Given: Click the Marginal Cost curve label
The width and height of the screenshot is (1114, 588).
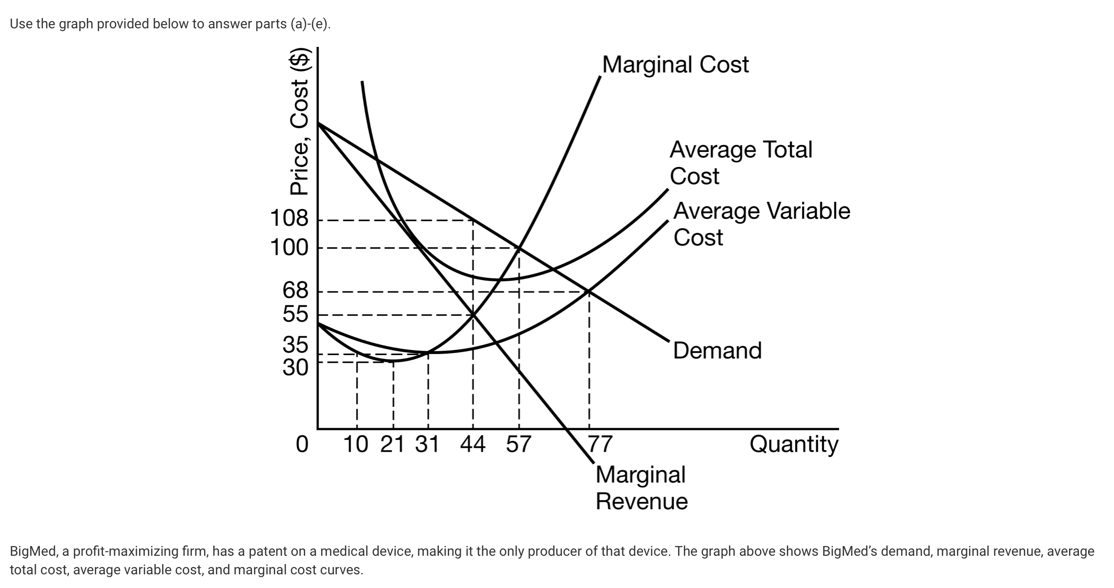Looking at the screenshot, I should (675, 65).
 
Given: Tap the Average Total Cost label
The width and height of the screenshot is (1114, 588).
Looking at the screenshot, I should (740, 163).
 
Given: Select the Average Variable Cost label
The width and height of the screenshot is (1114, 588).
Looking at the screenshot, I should (761, 224).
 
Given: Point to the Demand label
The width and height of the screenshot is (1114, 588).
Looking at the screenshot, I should (717, 351).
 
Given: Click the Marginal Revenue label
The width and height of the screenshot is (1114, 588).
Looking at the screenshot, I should (641, 488).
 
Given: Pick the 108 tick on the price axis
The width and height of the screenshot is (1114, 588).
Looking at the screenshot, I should (289, 218).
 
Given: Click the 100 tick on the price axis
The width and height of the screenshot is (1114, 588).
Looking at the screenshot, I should (289, 248).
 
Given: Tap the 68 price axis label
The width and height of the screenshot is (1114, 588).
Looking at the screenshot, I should (295, 291).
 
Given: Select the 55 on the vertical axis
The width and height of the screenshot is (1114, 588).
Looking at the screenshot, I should (295, 314).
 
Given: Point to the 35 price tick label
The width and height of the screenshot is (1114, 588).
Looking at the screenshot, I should (295, 345).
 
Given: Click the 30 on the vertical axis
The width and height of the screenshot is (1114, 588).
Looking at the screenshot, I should (295, 367).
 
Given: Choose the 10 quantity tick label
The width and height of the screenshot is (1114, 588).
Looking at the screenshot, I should (356, 445).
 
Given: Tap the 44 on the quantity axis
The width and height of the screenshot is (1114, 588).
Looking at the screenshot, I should (473, 445).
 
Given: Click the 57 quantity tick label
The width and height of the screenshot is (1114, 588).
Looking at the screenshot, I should (518, 445).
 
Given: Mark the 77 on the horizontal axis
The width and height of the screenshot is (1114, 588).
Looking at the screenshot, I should (599, 445).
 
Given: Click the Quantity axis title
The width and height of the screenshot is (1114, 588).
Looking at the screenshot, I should (794, 445).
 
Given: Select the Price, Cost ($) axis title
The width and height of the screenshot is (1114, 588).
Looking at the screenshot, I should (300, 122).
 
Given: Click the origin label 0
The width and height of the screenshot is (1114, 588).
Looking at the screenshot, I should (302, 445).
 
